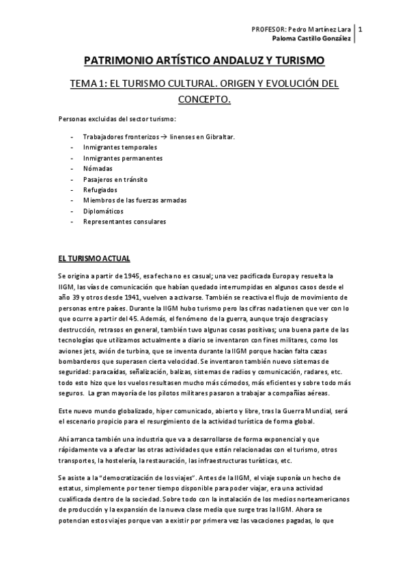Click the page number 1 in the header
coord(360,29)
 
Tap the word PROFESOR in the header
coord(268,29)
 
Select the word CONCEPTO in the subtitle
coord(204,100)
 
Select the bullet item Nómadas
coord(98,168)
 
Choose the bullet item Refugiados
coord(100,189)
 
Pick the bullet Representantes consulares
coord(124,222)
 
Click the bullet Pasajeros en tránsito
coord(115,179)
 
